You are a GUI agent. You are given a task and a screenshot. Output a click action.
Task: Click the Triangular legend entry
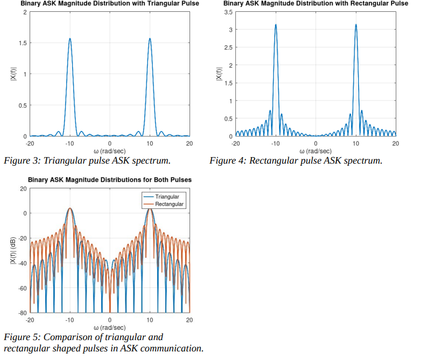[167, 197]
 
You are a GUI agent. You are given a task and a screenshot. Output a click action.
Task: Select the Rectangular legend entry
[169, 204]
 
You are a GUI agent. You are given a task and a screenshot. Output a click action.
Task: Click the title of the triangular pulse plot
[110, 4]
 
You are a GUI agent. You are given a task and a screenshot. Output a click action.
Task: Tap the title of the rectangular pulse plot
[316, 4]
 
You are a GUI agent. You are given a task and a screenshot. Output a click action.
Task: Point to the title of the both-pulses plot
[110, 180]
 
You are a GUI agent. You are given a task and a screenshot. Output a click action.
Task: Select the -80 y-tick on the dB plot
[22, 313]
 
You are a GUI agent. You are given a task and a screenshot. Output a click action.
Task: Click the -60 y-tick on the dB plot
[22, 288]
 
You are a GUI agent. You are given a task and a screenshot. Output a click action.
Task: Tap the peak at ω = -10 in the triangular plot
[69, 39]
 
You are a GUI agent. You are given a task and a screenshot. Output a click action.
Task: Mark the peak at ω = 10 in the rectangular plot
[355, 25]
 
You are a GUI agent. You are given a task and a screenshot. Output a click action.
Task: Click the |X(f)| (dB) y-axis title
[12, 250]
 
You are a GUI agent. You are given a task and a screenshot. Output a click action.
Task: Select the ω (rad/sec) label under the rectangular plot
[315, 151]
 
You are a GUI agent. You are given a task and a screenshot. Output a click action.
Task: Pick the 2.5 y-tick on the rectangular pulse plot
[227, 47]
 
